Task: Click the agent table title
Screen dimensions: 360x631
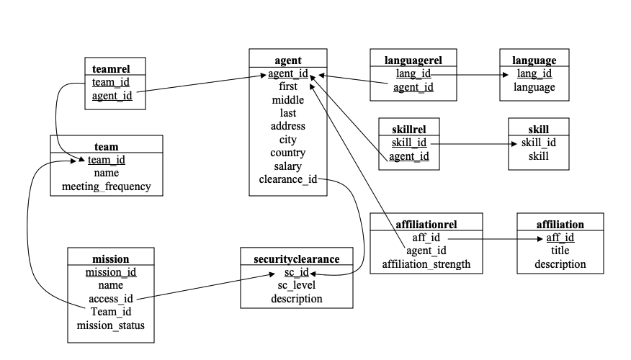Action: pyautogui.click(x=288, y=60)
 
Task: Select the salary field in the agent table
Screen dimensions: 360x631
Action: pyautogui.click(x=288, y=166)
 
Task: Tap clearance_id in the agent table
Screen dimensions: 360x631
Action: pyautogui.click(x=288, y=179)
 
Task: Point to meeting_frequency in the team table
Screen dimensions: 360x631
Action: pyautogui.click(x=106, y=186)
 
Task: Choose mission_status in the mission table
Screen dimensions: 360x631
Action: pyautogui.click(x=110, y=325)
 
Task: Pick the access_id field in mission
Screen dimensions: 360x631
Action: pyautogui.click(x=110, y=299)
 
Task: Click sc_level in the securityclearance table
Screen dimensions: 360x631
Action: pyautogui.click(x=296, y=285)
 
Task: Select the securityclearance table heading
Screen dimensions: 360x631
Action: pyautogui.click(x=296, y=258)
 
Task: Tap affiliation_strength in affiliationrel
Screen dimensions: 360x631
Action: pyautogui.click(x=426, y=264)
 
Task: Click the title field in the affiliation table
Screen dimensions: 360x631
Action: pyautogui.click(x=560, y=251)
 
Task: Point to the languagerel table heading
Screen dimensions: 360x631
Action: pyautogui.click(x=414, y=60)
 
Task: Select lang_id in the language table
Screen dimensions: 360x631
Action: pyautogui.click(x=534, y=73)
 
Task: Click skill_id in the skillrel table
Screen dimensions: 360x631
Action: pyautogui.click(x=409, y=143)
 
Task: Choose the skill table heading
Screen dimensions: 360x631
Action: pyautogui.click(x=538, y=129)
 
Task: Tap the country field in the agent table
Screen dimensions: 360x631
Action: pyautogui.click(x=288, y=153)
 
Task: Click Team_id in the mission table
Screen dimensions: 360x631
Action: pyautogui.click(x=110, y=312)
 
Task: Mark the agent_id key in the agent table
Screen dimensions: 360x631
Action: pyautogui.click(x=288, y=73)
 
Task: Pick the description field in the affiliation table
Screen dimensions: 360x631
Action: pyautogui.click(x=560, y=264)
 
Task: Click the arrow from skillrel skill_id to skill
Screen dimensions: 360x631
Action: pyautogui.click(x=472, y=143)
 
